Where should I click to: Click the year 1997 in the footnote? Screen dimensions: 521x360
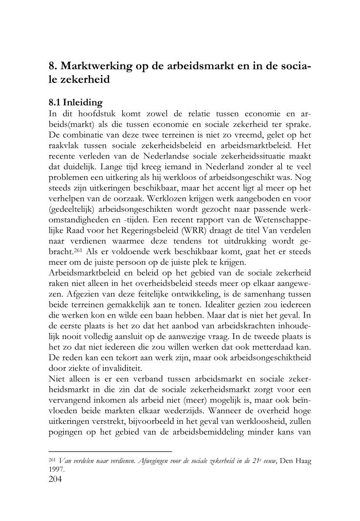[x=57, y=470]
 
